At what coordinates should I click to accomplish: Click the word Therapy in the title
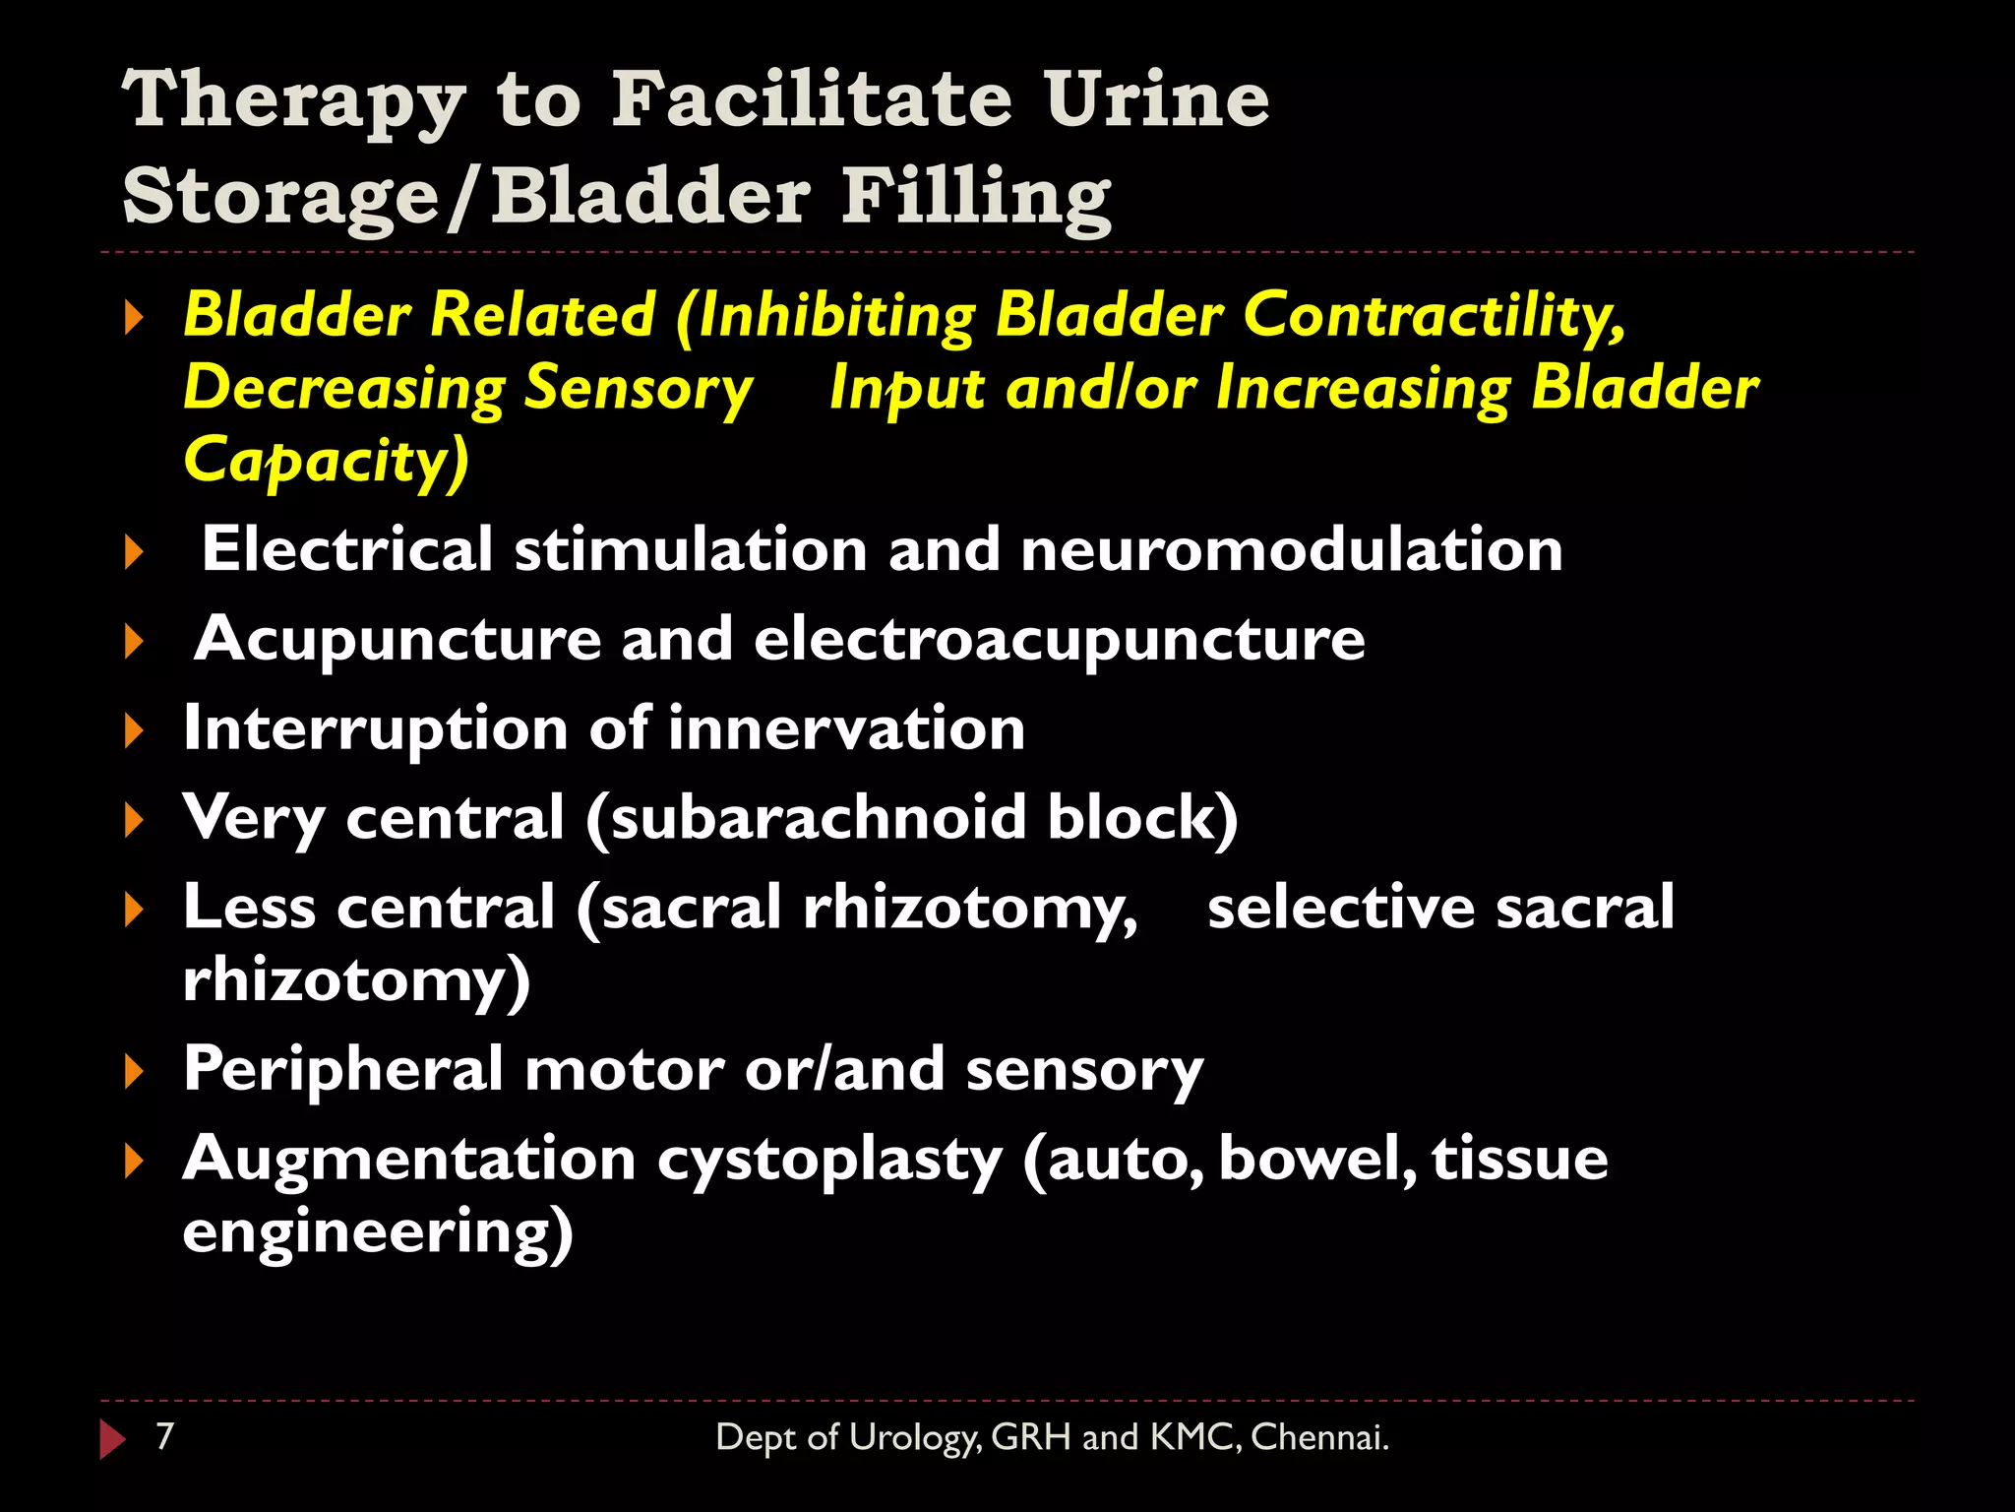(293, 101)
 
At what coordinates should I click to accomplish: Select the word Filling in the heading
(976, 197)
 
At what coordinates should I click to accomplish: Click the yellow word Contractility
(1433, 316)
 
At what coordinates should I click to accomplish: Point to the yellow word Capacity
(325, 461)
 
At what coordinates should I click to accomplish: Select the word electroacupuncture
(1059, 639)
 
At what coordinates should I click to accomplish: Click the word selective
(1340, 907)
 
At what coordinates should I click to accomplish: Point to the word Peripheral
(343, 1069)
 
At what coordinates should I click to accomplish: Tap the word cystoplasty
(828, 1160)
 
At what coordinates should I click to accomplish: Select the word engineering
(377, 1232)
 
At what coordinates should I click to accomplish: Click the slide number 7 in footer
(165, 1436)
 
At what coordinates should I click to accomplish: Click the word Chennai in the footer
(1318, 1437)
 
